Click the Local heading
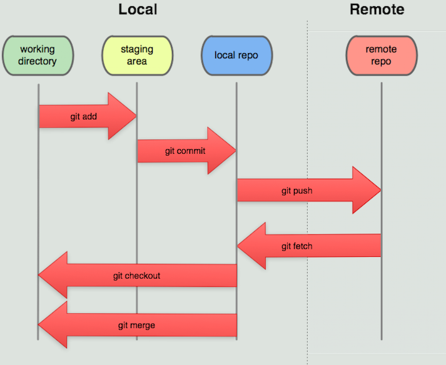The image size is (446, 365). click(x=138, y=10)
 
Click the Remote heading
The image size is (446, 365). click(x=377, y=10)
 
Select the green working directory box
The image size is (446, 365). click(x=38, y=55)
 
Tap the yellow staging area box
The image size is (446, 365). click(x=137, y=55)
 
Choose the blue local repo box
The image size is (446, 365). click(x=236, y=55)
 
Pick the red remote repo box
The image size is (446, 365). click(x=381, y=55)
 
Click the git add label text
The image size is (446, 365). click(x=83, y=116)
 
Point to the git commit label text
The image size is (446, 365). click(x=185, y=151)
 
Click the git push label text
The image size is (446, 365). click(x=296, y=191)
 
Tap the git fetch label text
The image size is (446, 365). click(x=296, y=246)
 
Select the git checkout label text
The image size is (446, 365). click(x=136, y=276)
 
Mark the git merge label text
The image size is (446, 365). click(x=136, y=325)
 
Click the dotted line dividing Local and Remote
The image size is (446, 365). click(x=307, y=125)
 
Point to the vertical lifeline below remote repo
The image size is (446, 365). click(x=381, y=300)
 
